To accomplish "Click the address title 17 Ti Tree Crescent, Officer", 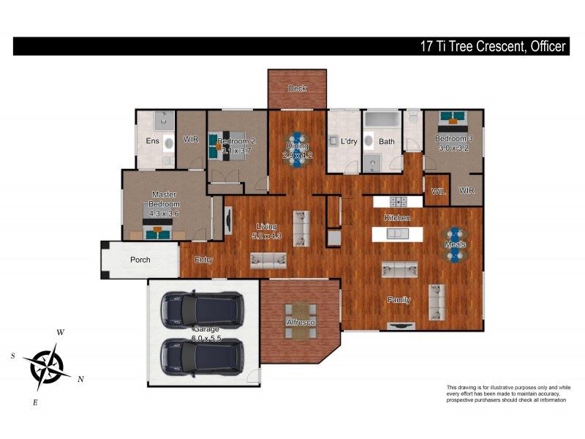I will tap(492, 46).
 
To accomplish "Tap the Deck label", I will tap(297, 89).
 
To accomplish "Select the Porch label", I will tap(140, 260).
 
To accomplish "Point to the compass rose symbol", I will tap(47, 364).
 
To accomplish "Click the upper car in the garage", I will tap(201, 309).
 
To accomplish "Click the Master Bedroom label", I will tap(165, 199).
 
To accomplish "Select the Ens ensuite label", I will tap(152, 141).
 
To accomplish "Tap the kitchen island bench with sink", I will tap(397, 234).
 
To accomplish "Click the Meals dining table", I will tap(455, 244).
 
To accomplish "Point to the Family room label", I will tap(399, 300).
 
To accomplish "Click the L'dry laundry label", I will tap(349, 141).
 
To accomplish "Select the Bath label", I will tap(387, 141).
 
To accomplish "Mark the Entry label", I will tap(203, 260).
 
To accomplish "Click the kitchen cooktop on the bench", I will tap(399, 201).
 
